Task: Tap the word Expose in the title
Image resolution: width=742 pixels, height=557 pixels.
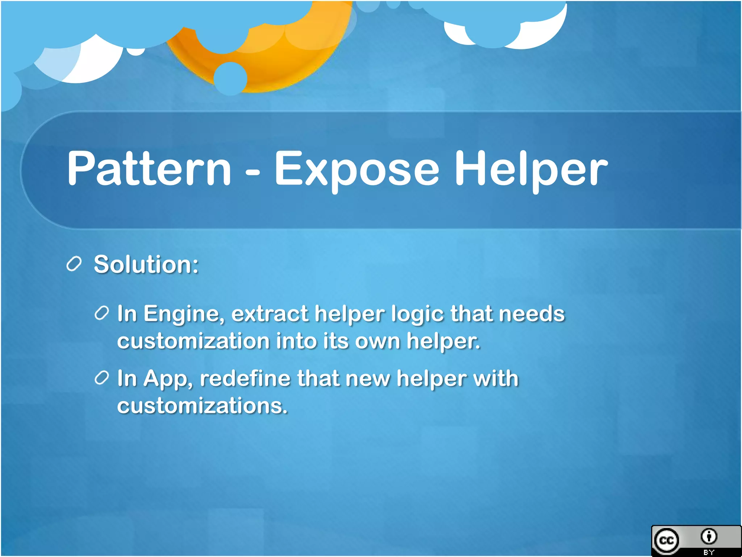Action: point(357,170)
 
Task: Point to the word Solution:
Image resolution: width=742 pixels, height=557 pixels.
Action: point(146,264)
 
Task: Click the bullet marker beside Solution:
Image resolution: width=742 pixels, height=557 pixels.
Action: point(74,264)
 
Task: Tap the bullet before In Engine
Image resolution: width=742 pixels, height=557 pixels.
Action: point(102,313)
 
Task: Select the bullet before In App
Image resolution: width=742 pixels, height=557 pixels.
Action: point(102,378)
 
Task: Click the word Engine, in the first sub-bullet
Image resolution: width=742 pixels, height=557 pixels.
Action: point(184,314)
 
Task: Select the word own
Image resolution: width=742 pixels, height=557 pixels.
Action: point(377,341)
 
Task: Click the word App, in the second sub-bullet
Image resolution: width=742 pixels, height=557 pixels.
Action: point(168,379)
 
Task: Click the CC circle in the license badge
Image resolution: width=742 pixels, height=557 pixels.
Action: point(667,541)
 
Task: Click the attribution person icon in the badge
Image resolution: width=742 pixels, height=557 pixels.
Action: point(709,536)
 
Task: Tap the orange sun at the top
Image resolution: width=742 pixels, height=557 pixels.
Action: point(275,54)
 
